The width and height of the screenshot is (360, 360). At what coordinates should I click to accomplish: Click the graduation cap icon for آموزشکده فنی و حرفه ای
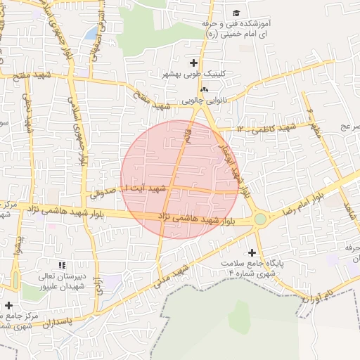(236, 13)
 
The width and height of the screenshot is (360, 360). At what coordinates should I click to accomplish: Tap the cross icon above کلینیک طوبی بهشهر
(193, 63)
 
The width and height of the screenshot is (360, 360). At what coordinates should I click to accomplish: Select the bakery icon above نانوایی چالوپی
(204, 90)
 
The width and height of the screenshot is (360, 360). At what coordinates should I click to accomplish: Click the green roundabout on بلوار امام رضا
(260, 219)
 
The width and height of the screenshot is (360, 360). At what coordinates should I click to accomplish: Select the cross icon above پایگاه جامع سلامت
(252, 252)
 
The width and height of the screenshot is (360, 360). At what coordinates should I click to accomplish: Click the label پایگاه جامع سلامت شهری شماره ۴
(259, 269)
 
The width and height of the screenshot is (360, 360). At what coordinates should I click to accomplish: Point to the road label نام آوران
(318, 297)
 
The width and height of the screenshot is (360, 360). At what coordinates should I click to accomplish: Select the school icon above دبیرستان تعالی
(62, 265)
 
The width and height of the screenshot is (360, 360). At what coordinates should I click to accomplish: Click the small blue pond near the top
(91, 32)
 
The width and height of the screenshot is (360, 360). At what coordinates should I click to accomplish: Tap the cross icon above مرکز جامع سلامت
(8, 305)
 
